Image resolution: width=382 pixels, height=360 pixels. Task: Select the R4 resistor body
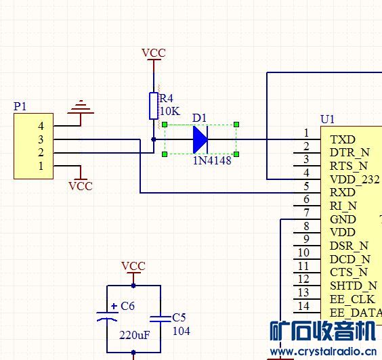pyautogui.click(x=154, y=106)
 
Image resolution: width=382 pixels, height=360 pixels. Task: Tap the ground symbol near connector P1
pyautogui.click(x=81, y=107)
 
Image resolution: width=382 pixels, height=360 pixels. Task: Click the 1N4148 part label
pyautogui.click(x=212, y=160)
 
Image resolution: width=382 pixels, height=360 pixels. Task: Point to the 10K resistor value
pyautogui.click(x=170, y=111)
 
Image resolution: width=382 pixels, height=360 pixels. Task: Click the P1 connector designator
pyautogui.click(x=20, y=106)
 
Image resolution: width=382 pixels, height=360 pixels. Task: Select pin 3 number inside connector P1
pyautogui.click(x=41, y=139)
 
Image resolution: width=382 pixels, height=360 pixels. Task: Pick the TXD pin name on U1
pyautogui.click(x=343, y=139)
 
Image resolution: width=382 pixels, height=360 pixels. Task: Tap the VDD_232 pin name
pyautogui.click(x=355, y=179)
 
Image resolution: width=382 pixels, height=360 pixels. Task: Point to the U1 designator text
pyautogui.click(x=327, y=119)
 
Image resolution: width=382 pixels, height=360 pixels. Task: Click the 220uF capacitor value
pyautogui.click(x=135, y=336)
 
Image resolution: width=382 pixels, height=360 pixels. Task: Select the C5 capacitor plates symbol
pyautogui.click(x=161, y=319)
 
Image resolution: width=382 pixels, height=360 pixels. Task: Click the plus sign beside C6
pyautogui.click(x=114, y=306)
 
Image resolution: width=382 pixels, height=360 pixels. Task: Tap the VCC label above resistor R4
pyautogui.click(x=154, y=53)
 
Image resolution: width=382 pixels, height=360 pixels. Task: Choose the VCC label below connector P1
pyautogui.click(x=81, y=186)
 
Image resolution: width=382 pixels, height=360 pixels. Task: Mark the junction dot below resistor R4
pyautogui.click(x=154, y=139)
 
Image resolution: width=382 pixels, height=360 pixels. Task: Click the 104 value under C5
pyautogui.click(x=182, y=331)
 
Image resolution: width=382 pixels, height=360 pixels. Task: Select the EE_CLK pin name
pyautogui.click(x=352, y=299)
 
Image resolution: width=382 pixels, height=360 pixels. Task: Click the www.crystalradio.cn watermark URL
pyautogui.click(x=323, y=352)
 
